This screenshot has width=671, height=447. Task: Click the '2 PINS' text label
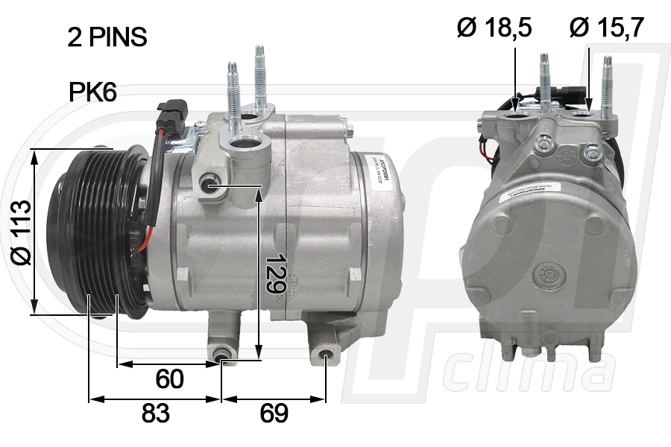[x=107, y=37]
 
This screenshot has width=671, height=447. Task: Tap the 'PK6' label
[x=92, y=92]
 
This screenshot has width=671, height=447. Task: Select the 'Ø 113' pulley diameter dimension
[x=22, y=232]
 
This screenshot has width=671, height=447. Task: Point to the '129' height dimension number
[x=275, y=273]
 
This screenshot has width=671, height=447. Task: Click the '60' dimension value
[x=169, y=379]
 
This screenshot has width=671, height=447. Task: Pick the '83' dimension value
[x=155, y=413]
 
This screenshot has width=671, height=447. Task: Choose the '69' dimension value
[x=274, y=413]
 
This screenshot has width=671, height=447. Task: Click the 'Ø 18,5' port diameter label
[x=494, y=28]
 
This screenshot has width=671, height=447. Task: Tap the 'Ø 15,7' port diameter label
[x=607, y=28]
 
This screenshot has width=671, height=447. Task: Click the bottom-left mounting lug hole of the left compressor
[x=221, y=357]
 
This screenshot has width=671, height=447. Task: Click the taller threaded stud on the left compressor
[x=259, y=74]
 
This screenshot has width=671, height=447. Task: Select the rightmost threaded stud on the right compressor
[x=608, y=86]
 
